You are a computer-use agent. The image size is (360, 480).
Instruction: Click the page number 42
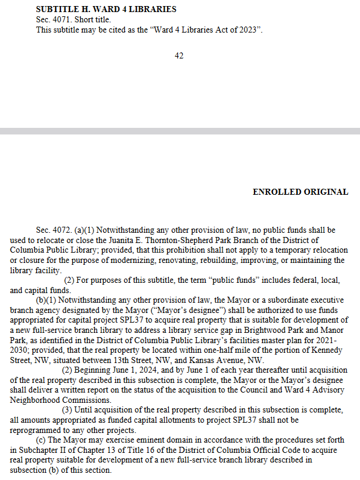pyautogui.click(x=179, y=56)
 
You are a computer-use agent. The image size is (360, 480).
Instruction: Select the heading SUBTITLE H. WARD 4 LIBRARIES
pyautogui.click(x=106, y=10)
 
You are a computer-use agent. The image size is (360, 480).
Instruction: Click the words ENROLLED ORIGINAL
pyautogui.click(x=300, y=192)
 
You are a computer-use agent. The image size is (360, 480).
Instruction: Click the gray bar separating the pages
pyautogui.click(x=180, y=131)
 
